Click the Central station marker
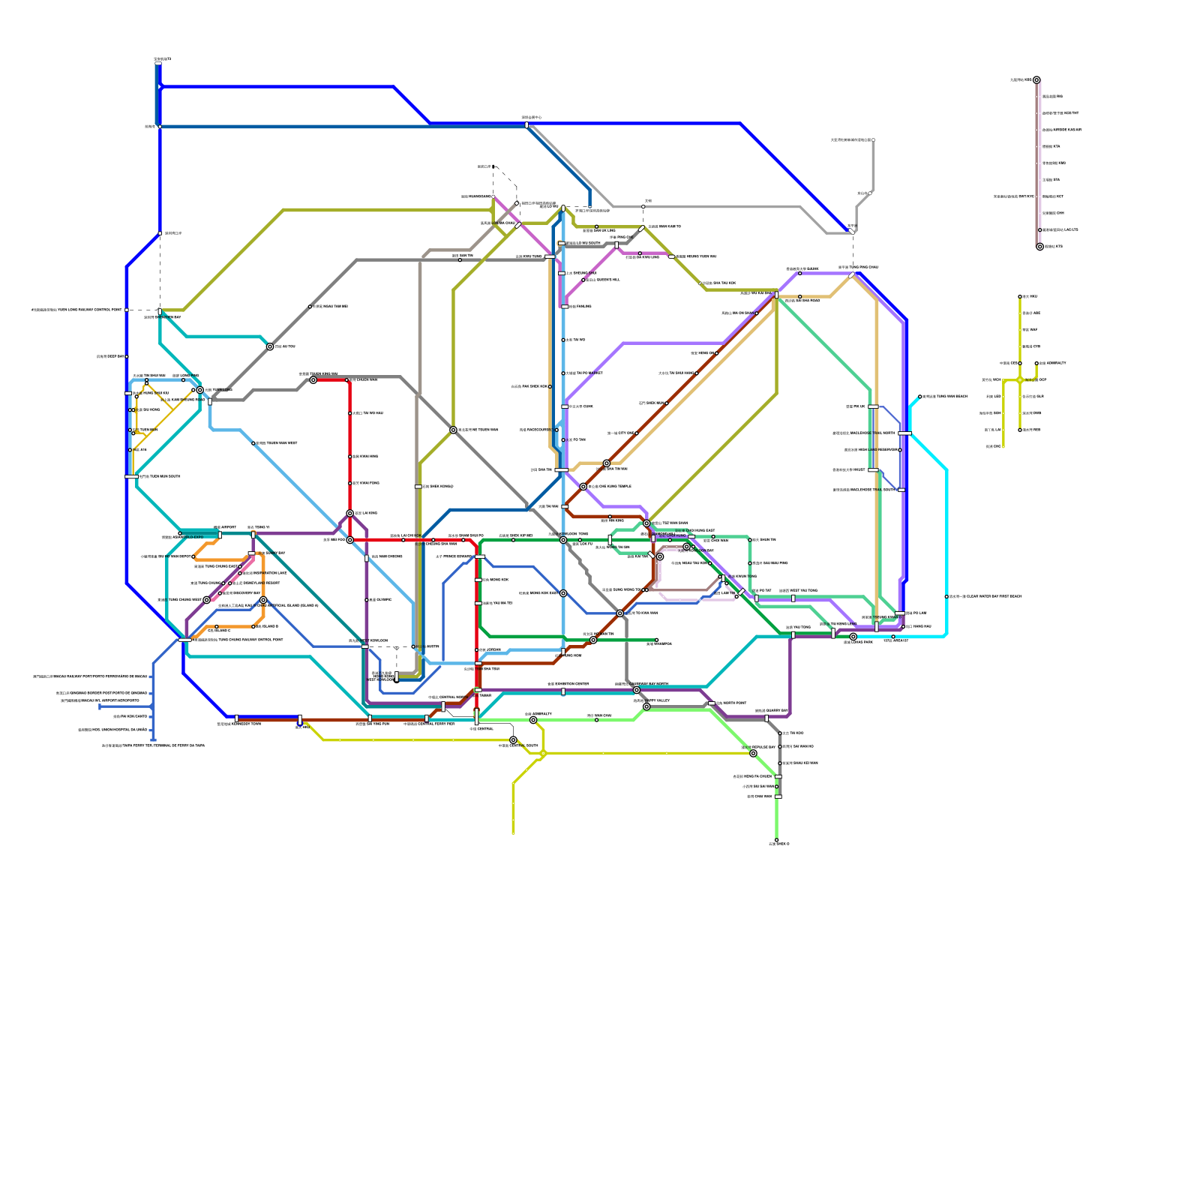[476, 718]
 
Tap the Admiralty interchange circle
[533, 720]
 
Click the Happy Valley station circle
[646, 706]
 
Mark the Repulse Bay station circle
[753, 753]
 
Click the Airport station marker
[219, 534]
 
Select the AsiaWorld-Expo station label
[190, 537]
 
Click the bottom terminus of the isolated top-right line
[1039, 247]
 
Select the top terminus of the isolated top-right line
[1036, 79]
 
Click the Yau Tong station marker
[793, 634]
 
